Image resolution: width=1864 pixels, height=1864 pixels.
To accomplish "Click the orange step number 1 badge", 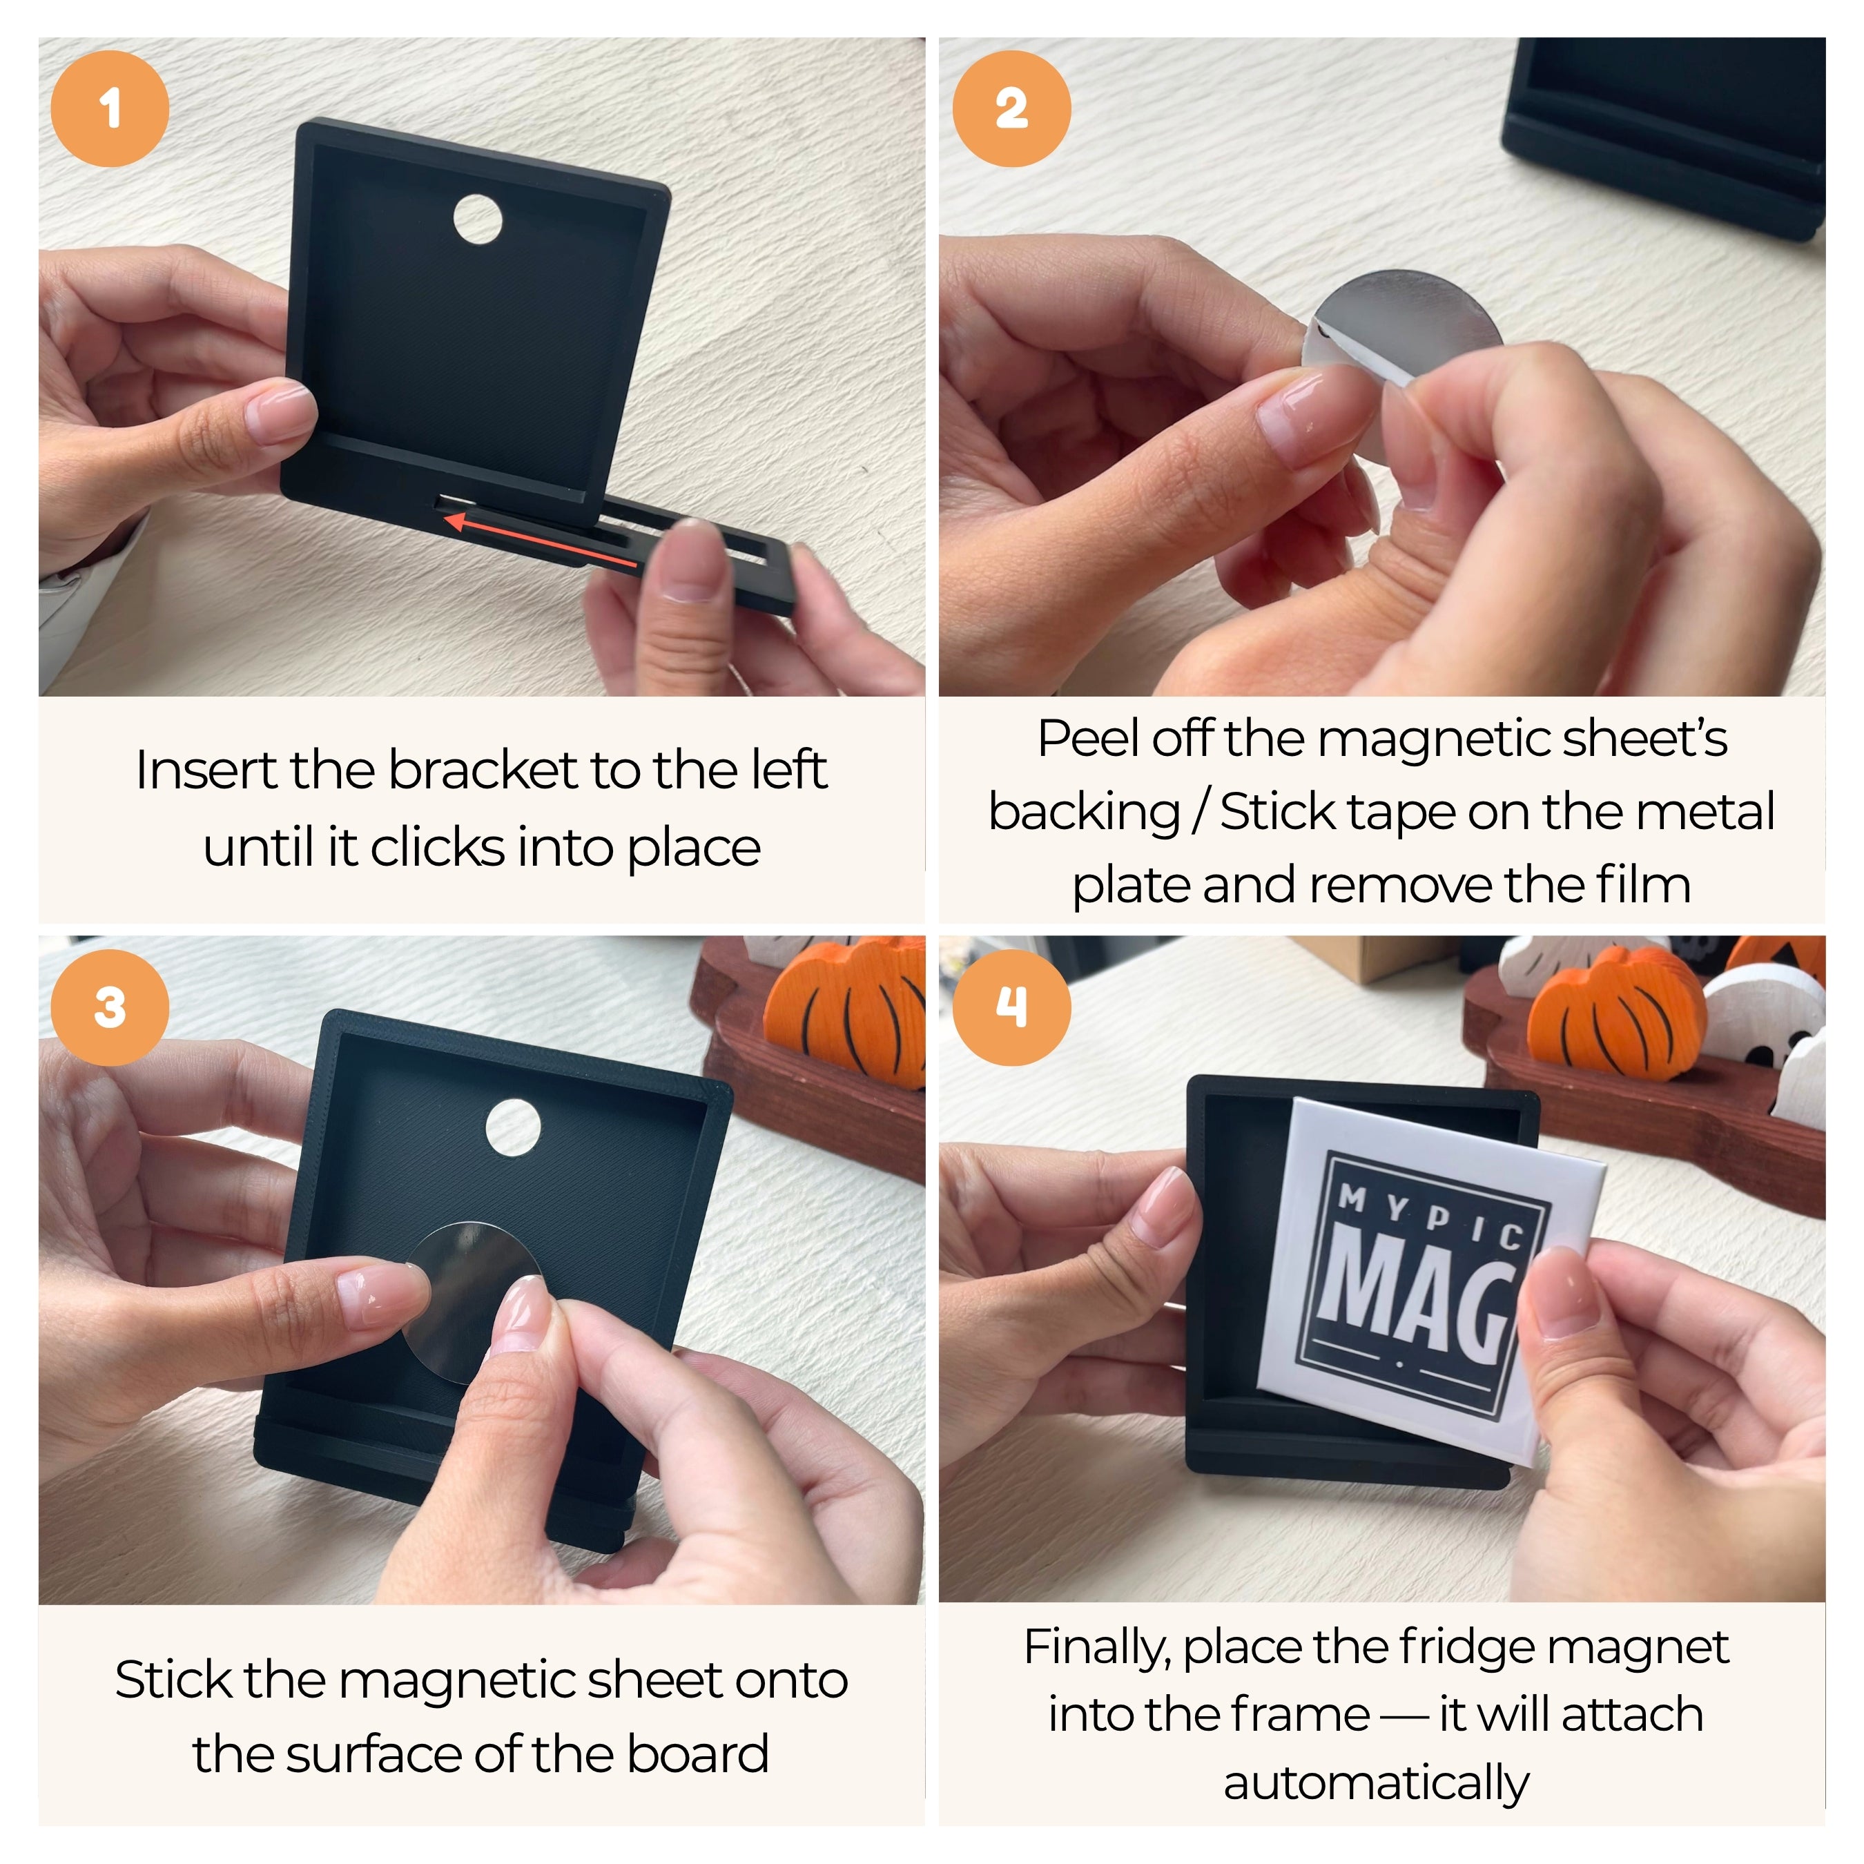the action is point(110,108).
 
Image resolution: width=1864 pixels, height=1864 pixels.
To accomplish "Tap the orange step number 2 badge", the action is point(1011,108).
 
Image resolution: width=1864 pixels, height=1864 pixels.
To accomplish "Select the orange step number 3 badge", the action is point(110,1007).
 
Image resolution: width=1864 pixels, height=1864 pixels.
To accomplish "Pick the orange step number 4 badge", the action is point(1011,1007).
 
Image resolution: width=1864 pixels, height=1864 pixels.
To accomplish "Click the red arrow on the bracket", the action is point(541,541).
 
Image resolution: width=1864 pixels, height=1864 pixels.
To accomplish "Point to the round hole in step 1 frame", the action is point(478,219).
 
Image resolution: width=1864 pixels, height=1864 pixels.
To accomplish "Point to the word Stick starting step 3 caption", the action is point(175,1680).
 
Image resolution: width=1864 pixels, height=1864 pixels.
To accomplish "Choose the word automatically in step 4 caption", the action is point(1377,1783).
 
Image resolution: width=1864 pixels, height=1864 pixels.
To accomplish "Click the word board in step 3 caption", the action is point(699,1754).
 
